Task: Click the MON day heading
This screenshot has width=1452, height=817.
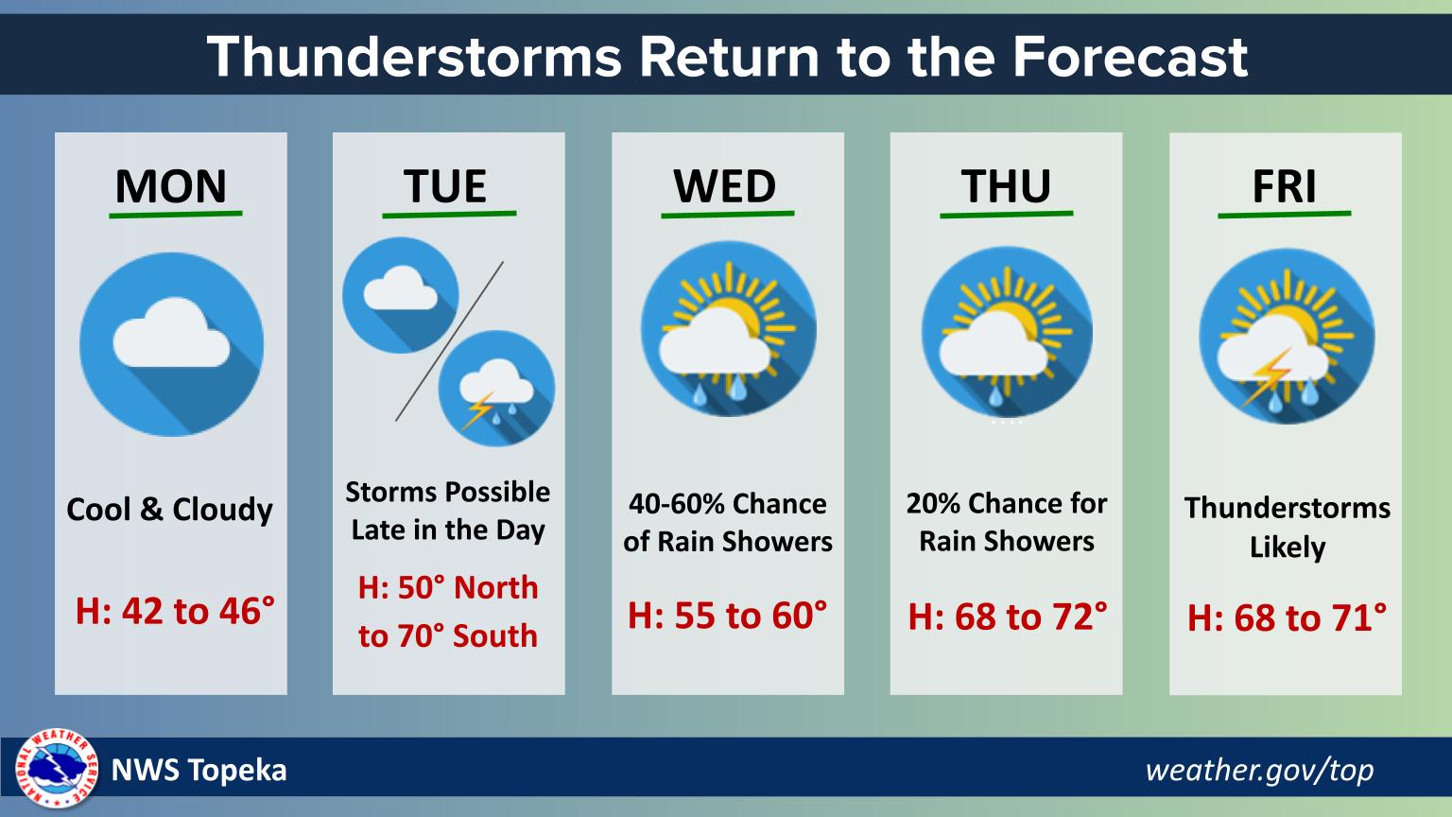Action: tap(171, 186)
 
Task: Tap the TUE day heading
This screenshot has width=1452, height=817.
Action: tap(445, 186)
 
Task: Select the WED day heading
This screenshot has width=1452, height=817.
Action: tap(725, 186)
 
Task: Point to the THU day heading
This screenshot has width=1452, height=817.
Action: tap(1006, 186)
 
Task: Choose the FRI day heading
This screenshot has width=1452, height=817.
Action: tap(1284, 186)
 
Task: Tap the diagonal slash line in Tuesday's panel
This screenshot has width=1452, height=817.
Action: tap(449, 340)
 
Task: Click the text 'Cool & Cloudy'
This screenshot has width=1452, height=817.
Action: tap(169, 510)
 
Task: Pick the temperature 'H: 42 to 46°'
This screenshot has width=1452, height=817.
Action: tap(175, 611)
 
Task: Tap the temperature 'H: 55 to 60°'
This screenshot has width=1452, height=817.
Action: tap(727, 616)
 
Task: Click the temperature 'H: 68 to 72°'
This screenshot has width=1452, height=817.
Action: tap(1007, 617)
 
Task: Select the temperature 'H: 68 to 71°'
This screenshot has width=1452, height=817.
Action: tap(1287, 618)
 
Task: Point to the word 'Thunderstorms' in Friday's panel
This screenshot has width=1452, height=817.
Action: tap(1287, 508)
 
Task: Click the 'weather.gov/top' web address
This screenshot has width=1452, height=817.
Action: tap(1259, 770)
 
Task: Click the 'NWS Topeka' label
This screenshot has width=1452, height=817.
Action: tap(199, 770)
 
